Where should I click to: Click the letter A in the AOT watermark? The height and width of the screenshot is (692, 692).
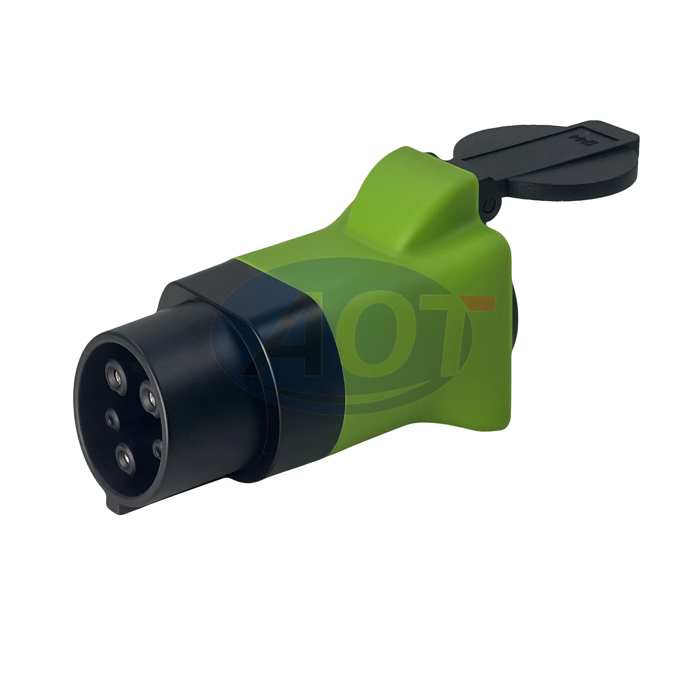(287, 344)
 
